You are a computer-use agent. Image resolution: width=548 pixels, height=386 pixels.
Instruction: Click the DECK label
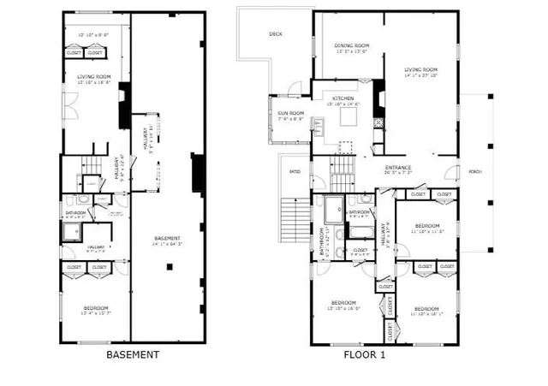pos(275,34)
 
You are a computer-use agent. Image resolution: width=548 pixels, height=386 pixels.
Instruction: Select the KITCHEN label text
pos(343,99)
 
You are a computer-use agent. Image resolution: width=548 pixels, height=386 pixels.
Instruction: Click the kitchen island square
pos(348,116)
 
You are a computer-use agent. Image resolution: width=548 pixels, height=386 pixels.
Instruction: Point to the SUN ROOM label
pos(289,113)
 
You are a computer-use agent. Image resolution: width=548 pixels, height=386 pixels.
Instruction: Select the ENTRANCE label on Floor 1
pos(398,168)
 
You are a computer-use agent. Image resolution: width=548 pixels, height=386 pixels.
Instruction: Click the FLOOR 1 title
pos(365,354)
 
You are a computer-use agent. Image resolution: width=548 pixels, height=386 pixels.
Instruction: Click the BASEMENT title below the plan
pos(132,354)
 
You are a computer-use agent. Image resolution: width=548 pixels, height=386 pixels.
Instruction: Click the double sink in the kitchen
pos(318,129)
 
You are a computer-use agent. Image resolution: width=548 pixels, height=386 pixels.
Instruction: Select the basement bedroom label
pos(95,307)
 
